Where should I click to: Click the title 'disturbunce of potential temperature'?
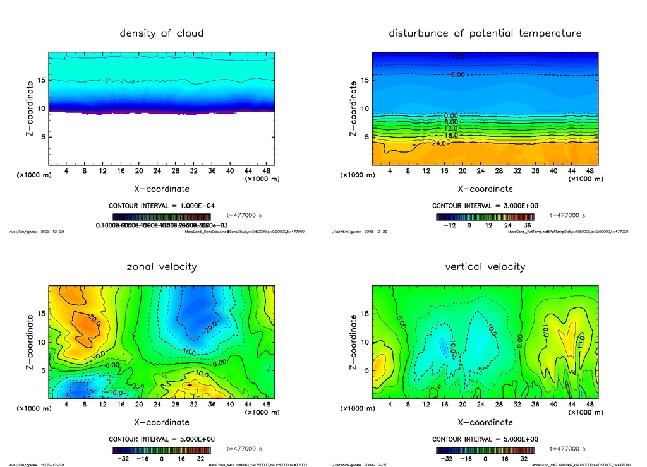(485, 33)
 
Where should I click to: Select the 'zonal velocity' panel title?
(162, 266)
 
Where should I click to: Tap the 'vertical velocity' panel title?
(485, 266)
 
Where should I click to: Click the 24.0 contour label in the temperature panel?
(438, 144)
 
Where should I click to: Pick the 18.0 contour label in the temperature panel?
(450, 135)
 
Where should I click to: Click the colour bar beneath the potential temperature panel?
(485, 216)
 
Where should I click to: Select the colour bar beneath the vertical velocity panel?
(485, 451)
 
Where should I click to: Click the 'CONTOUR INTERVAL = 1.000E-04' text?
(162, 206)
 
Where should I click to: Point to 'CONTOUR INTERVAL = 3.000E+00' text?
(485, 206)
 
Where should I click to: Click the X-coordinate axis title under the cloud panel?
(162, 188)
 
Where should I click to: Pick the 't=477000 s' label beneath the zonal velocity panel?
(244, 449)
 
